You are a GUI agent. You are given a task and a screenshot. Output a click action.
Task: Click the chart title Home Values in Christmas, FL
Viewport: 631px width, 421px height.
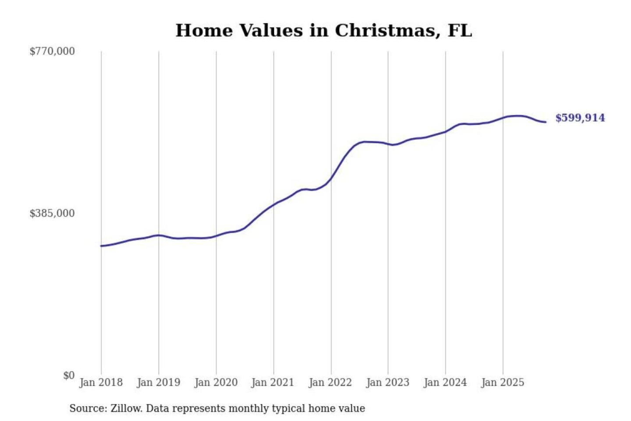tap(324, 31)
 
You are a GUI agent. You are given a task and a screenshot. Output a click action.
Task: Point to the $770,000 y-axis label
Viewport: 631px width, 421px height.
tap(52, 51)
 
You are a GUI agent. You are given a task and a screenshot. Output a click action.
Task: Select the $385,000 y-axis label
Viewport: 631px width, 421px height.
tap(52, 214)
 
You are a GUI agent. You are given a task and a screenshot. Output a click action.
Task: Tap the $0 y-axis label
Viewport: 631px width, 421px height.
tap(69, 375)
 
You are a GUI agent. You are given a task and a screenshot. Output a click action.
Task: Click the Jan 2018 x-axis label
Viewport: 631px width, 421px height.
tap(101, 382)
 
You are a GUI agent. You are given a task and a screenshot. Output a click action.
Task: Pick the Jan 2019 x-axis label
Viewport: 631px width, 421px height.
tap(158, 382)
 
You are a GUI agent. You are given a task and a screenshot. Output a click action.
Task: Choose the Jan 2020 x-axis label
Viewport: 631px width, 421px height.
tap(216, 382)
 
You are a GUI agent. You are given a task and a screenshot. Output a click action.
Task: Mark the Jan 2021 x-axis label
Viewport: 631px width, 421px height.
tap(273, 382)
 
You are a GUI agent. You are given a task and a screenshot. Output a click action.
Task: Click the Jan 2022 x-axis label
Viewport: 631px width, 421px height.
tap(330, 382)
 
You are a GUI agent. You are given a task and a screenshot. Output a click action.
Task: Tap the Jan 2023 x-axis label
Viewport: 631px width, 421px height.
tap(387, 382)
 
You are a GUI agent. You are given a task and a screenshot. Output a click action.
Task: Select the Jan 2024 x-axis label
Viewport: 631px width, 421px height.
tap(445, 382)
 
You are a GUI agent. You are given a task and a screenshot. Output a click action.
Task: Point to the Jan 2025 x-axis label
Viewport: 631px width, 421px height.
tap(502, 382)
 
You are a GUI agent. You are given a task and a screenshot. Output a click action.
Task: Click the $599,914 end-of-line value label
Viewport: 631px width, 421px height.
tap(580, 118)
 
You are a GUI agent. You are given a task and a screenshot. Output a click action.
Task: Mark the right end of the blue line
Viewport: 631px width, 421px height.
tap(546, 122)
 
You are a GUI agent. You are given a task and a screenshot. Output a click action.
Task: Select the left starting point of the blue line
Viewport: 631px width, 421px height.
tap(101, 246)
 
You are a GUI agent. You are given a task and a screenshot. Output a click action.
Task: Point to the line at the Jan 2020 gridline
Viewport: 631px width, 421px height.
tap(216, 236)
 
